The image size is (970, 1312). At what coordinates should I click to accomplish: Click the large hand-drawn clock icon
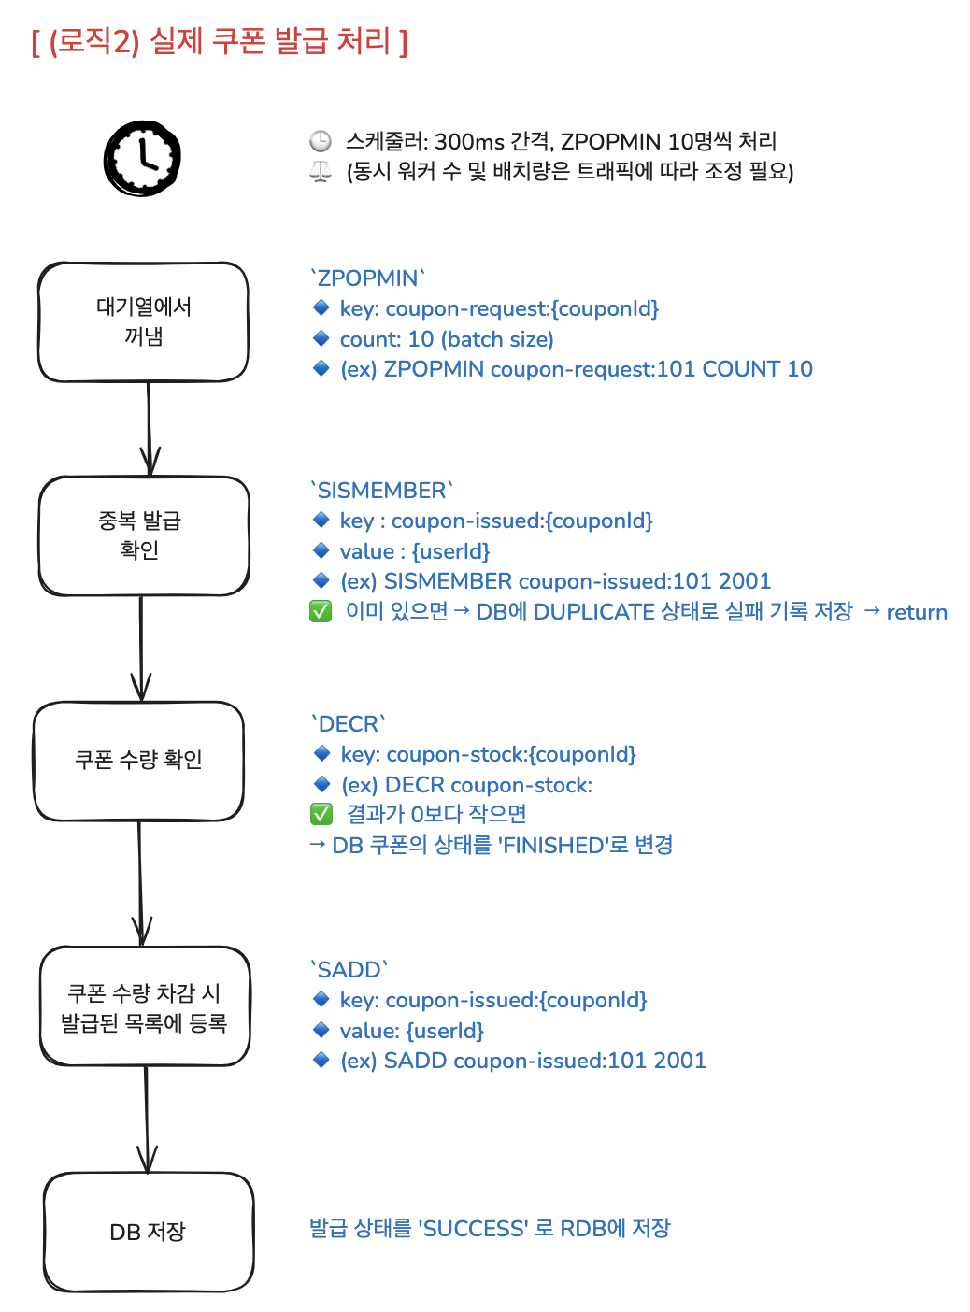[142, 158]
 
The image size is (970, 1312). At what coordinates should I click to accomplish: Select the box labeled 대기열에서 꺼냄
[143, 321]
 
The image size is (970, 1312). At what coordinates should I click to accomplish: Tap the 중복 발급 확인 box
[143, 535]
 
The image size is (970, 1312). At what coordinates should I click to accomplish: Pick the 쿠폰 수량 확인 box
[138, 761]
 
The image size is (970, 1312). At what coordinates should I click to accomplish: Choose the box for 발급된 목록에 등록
[145, 1006]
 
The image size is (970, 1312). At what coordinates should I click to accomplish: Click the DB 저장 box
[149, 1232]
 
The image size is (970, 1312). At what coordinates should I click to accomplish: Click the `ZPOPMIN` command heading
[367, 278]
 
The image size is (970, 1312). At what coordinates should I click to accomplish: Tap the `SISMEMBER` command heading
[381, 491]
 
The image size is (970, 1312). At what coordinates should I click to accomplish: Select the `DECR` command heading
[348, 724]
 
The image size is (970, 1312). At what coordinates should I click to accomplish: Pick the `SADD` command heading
[349, 970]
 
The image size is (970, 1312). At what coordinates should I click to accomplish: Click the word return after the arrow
[917, 612]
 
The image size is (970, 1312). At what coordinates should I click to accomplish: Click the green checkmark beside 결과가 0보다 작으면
[321, 815]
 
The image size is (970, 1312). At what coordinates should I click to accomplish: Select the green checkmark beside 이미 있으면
[321, 612]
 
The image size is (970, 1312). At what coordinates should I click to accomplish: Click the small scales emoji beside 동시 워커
[321, 172]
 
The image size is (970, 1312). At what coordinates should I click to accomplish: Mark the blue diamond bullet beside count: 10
[321, 338]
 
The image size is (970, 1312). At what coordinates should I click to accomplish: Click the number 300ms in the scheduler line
[470, 142]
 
